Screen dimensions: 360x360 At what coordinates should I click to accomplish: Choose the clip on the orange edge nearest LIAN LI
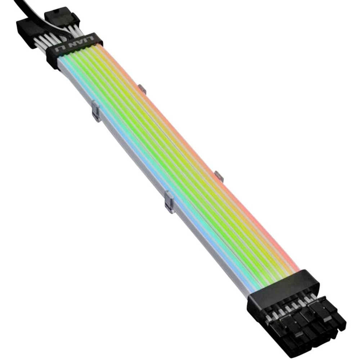[142, 89]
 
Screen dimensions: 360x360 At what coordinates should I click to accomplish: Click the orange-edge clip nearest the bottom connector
[219, 176]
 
